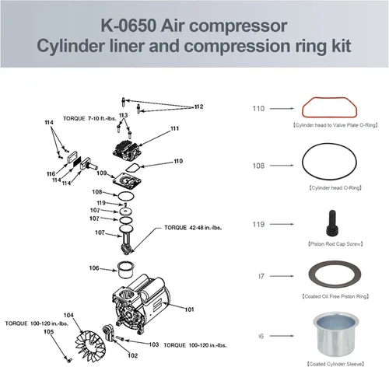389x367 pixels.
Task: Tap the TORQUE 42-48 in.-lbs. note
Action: tap(190, 228)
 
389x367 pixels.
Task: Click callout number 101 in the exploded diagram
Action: tap(189, 309)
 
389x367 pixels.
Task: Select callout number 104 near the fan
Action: tap(68, 315)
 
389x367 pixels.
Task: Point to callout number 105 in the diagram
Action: tap(48, 331)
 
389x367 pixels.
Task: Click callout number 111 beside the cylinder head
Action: tap(175, 128)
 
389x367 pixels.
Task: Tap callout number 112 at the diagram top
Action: tap(198, 107)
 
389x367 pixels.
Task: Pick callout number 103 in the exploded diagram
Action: tap(154, 344)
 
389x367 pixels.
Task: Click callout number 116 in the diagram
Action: tap(51, 173)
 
